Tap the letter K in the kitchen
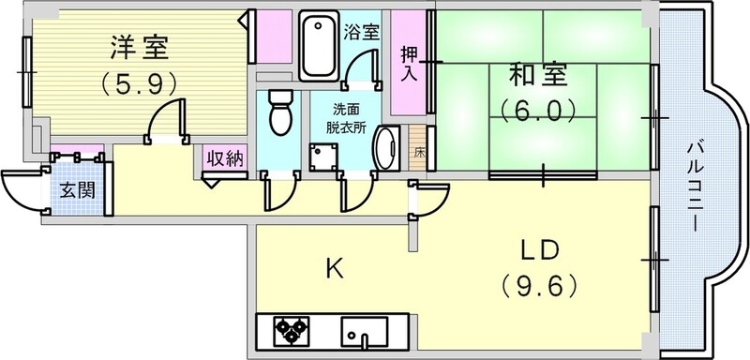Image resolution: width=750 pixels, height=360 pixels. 334,269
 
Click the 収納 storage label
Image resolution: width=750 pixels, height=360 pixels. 226,157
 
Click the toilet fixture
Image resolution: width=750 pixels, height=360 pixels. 278,113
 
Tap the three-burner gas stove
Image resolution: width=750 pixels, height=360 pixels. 292,331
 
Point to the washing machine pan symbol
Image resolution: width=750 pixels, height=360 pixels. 324,156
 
